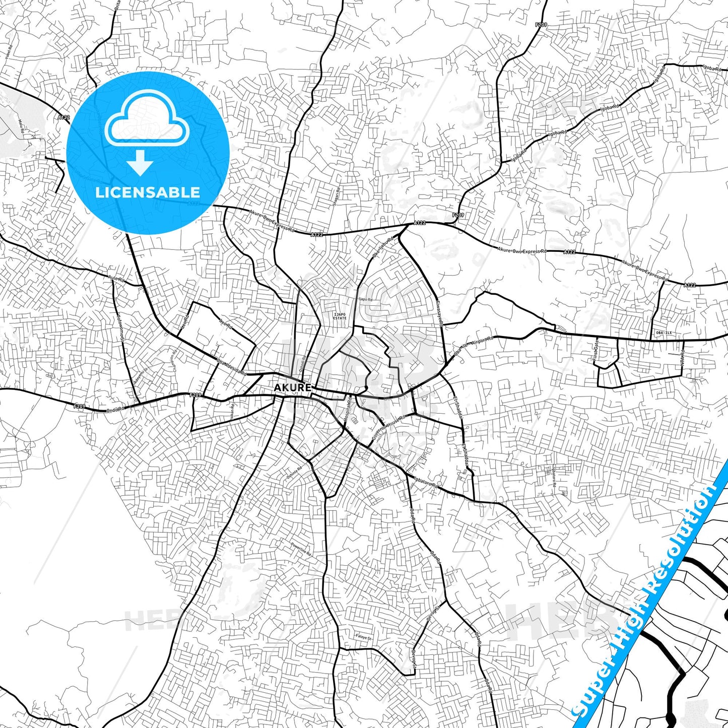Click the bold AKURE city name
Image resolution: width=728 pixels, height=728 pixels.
click(x=292, y=388)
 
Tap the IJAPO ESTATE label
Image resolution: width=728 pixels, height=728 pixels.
click(x=340, y=316)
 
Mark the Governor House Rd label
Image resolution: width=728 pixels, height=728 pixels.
click(x=388, y=429)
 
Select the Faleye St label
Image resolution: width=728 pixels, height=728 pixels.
click(x=363, y=638)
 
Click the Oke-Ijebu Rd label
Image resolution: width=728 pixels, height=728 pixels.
click(x=382, y=248)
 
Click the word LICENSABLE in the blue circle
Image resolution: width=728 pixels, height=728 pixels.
click(x=148, y=192)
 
